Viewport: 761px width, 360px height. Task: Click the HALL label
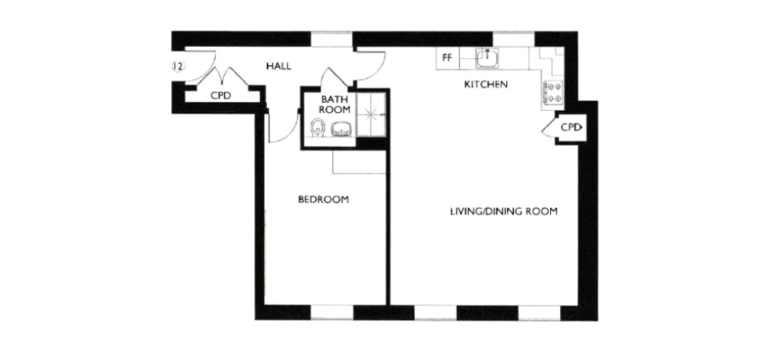[279, 66]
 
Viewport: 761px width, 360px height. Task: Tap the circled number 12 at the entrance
[177, 67]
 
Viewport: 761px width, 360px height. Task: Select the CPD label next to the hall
[221, 95]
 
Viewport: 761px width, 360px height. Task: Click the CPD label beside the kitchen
[571, 128]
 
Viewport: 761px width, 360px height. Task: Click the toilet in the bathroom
[318, 129]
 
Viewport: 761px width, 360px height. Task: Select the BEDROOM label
[323, 200]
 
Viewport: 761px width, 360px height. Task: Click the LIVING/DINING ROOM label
[503, 212]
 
